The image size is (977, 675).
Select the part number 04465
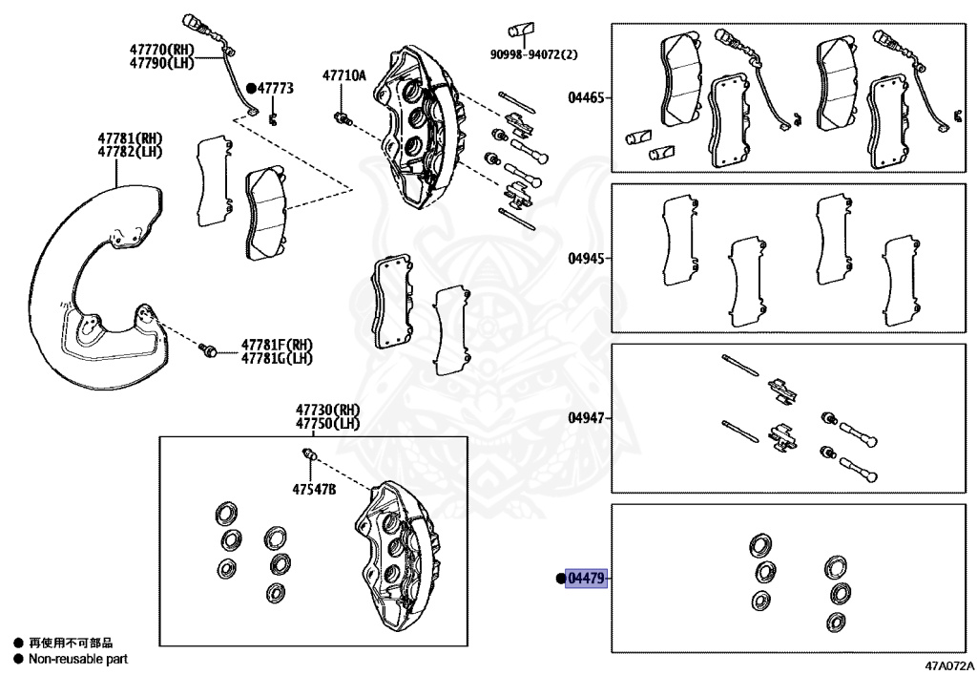(x=586, y=97)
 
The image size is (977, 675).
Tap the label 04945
(x=586, y=259)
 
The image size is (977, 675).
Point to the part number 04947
(x=586, y=418)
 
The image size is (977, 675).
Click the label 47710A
(x=343, y=74)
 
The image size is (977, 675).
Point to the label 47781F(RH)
(x=278, y=345)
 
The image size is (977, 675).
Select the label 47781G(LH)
(x=278, y=358)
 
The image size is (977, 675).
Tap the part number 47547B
(x=315, y=490)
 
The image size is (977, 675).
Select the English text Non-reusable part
(x=78, y=659)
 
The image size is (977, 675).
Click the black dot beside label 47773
(x=252, y=88)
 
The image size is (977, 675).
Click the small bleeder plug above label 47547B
(x=308, y=453)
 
